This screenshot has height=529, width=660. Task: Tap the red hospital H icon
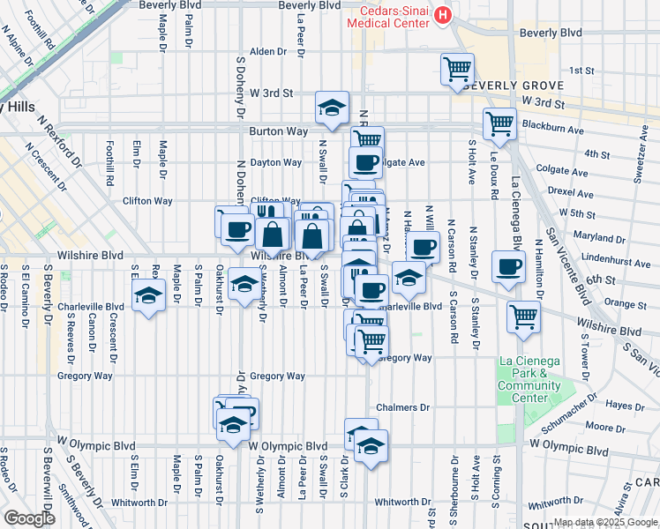tap(443, 15)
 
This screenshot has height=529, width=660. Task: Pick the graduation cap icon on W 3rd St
tap(332, 108)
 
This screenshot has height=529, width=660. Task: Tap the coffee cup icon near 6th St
tap(507, 267)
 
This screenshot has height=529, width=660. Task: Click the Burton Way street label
tap(278, 130)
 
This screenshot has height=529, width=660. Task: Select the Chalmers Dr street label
tap(402, 407)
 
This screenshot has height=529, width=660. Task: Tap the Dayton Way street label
tap(276, 162)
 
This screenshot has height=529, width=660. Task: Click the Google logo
tap(30, 518)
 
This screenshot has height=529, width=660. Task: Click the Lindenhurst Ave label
tap(602, 257)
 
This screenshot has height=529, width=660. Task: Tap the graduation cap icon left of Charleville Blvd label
tap(148, 296)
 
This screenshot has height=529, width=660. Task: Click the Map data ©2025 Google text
tap(604, 522)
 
